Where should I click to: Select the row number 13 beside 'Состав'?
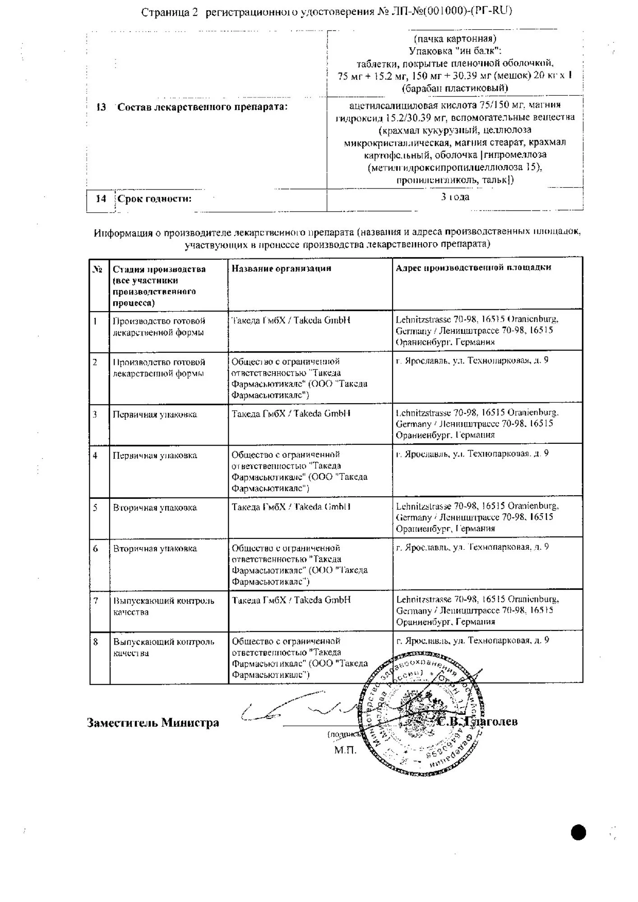[x=101, y=107]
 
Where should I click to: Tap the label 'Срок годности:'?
[x=154, y=199]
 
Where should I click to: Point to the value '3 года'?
[x=455, y=197]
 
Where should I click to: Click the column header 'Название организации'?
[x=282, y=268]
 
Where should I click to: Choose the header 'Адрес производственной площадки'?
[x=473, y=267]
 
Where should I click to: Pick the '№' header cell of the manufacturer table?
[x=98, y=269]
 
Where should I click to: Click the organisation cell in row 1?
[x=291, y=320]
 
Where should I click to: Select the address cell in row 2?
[x=472, y=361]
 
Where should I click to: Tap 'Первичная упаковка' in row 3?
[x=155, y=414]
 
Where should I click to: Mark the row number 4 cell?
[x=95, y=456]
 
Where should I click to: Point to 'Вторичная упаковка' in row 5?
[x=155, y=508]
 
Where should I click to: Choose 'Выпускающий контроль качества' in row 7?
[x=163, y=606]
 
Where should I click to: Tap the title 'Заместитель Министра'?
[x=153, y=723]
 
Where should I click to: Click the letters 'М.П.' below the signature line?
[x=345, y=750]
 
